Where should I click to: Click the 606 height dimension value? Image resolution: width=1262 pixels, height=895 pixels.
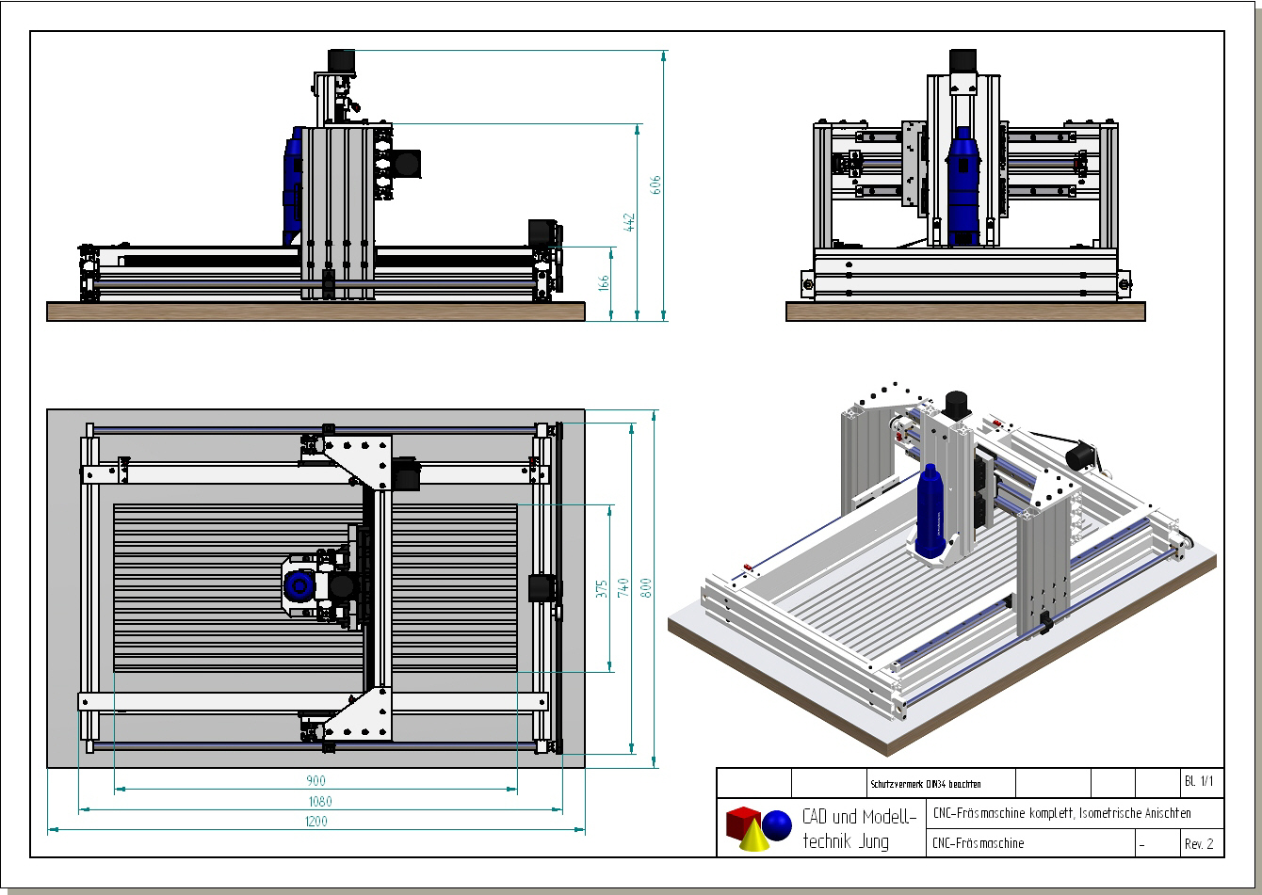[656, 184]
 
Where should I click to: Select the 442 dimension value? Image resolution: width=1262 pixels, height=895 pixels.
[630, 222]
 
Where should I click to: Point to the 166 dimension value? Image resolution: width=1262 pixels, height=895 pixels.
[604, 281]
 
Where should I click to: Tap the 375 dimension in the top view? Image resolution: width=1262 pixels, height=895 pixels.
[601, 588]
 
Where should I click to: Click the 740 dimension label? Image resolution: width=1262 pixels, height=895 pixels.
[623, 588]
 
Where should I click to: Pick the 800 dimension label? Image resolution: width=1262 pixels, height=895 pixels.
[646, 588]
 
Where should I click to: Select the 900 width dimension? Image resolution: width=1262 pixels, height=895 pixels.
[315, 781]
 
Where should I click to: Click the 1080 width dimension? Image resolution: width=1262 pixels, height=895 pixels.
[319, 802]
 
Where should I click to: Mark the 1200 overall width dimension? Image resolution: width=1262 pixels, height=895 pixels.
[315, 822]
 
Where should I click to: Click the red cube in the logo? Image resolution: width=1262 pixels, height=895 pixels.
[742, 821]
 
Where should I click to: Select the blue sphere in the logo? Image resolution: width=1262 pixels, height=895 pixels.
[777, 825]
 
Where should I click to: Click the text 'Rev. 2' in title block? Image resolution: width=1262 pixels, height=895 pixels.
[1199, 844]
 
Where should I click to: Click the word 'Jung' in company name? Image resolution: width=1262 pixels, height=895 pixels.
[873, 841]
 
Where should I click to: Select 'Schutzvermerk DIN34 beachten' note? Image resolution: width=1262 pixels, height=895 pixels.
[913, 784]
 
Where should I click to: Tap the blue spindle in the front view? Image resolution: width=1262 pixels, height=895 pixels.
[963, 188]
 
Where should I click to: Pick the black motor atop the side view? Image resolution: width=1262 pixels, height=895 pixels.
[339, 59]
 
